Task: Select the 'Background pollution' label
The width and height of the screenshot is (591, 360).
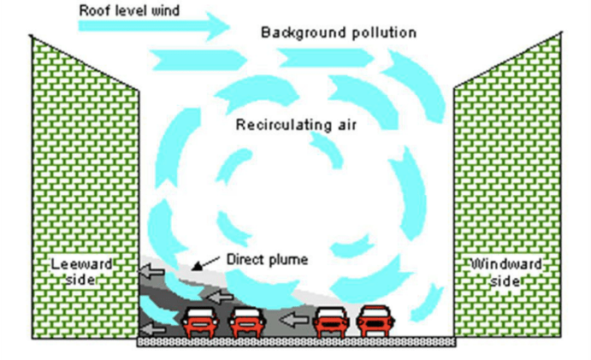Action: tap(338, 33)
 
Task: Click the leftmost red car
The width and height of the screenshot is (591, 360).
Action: tap(200, 322)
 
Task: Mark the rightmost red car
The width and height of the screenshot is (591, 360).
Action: tap(375, 322)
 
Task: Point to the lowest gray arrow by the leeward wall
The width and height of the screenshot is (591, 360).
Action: tap(154, 327)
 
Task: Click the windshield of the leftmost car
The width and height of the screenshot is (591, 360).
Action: tap(200, 314)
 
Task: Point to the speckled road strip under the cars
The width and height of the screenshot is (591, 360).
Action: tap(296, 342)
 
